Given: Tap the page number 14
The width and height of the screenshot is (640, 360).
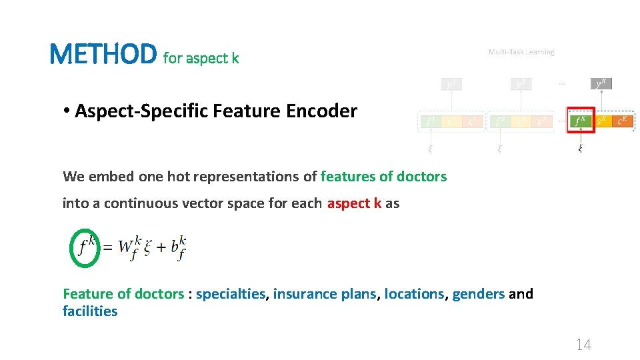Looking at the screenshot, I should (583, 344).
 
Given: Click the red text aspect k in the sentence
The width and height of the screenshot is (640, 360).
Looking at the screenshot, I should (354, 203).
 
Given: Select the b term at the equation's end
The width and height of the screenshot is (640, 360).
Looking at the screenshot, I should (178, 247).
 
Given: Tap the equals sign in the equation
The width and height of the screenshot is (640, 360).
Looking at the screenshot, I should (107, 248).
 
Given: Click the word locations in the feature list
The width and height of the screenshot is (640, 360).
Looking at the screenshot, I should (414, 294).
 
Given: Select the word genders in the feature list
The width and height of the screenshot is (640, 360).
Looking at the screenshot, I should (479, 294).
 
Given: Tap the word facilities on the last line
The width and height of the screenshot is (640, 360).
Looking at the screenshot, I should (90, 311).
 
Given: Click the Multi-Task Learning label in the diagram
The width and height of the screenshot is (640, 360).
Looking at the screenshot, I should (521, 52).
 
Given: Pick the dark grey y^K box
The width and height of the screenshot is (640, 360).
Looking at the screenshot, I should (602, 84).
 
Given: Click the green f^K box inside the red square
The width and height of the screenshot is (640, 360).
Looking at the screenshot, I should (580, 121).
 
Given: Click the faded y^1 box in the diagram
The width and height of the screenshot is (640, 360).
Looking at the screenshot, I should (452, 84).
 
